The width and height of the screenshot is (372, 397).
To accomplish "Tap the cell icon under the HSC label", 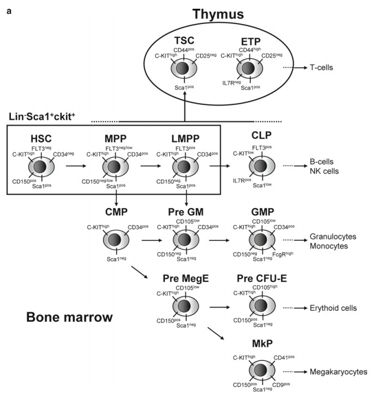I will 39,167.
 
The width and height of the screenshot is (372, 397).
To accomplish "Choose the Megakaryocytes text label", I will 336,372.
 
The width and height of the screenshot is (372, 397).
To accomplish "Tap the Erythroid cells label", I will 333,309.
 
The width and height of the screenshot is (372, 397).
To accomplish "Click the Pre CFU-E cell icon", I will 259,307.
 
